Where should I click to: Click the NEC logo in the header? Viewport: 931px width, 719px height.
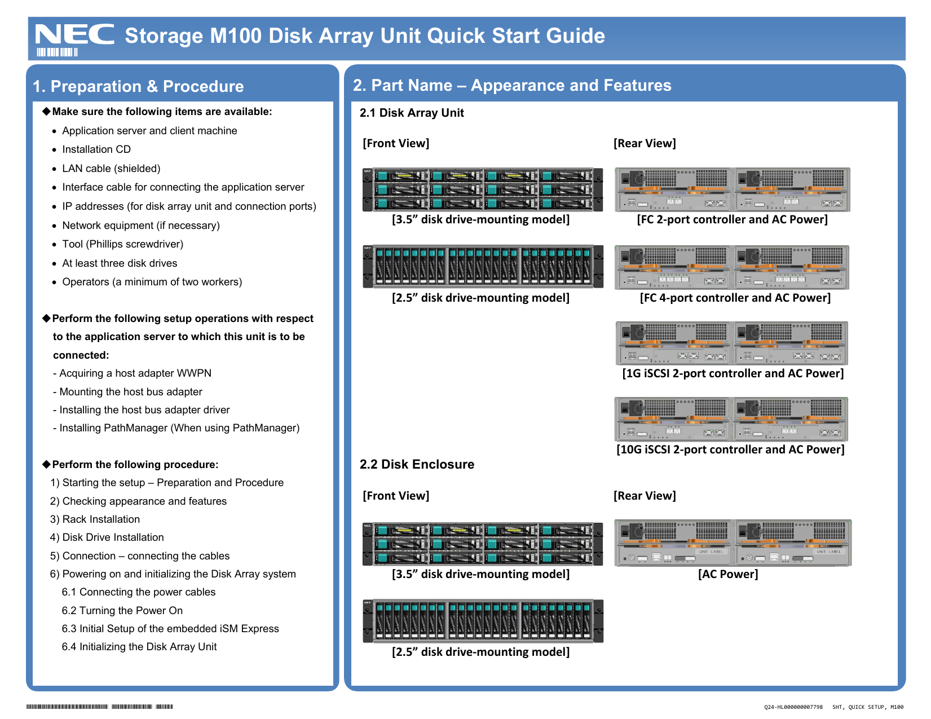74,35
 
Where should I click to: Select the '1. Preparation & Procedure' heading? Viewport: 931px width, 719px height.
138,86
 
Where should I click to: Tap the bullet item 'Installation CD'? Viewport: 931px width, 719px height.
96,149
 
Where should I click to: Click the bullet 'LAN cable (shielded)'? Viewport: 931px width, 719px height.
111,169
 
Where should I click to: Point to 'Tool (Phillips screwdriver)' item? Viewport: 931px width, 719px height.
122,244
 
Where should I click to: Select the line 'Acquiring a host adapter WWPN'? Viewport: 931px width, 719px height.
135,373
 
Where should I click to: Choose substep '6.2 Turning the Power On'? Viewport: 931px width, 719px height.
122,611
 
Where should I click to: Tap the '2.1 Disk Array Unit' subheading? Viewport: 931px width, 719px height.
412,113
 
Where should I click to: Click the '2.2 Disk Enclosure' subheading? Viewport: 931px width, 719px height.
417,464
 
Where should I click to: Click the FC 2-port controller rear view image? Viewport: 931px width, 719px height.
732,189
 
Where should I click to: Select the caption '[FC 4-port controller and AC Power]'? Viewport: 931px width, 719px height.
735,298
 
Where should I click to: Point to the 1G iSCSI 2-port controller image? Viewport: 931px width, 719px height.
732,343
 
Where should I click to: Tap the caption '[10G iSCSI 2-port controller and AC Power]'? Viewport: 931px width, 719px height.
730,449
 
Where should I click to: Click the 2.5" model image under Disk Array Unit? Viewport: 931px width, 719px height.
483,267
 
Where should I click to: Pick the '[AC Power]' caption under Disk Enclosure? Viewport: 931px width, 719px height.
728,574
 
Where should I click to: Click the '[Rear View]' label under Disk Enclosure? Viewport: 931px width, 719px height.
645,496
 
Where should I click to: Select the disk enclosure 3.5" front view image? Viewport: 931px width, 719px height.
483,544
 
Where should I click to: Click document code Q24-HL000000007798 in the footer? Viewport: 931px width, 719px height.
793,707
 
